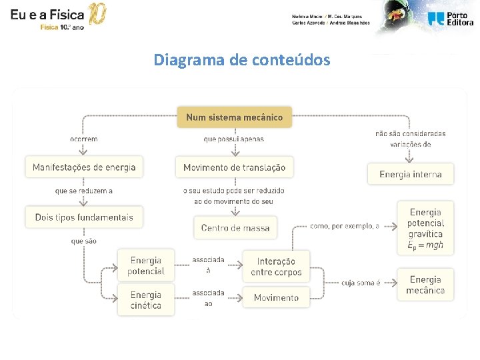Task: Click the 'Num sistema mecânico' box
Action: (234, 117)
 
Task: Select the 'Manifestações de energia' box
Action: (84, 167)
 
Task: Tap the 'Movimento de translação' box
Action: (234, 167)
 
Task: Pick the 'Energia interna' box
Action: (411, 175)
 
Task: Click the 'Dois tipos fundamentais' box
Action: (84, 217)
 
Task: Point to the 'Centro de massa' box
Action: (235, 228)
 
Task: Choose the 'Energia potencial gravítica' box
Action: (425, 228)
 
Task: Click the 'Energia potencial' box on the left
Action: (147, 265)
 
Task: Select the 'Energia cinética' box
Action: (146, 299)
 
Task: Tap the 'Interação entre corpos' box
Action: (276, 266)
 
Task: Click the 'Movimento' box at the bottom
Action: (276, 297)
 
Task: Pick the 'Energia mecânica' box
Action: (425, 285)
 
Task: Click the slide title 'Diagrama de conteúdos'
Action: (241, 60)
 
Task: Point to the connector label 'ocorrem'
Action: (84, 139)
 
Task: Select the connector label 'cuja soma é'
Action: (361, 283)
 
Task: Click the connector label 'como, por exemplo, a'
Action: (345, 226)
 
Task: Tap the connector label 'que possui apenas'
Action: (233, 139)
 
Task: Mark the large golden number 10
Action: (97, 15)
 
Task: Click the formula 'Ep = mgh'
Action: (425, 245)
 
